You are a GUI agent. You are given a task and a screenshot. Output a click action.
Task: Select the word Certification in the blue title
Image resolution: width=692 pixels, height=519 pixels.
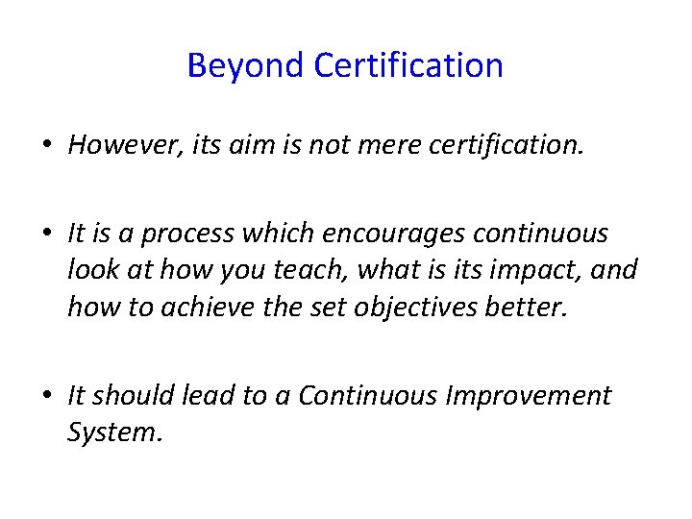[x=408, y=66]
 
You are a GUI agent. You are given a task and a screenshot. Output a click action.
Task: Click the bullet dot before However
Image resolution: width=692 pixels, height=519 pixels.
[x=46, y=146]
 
